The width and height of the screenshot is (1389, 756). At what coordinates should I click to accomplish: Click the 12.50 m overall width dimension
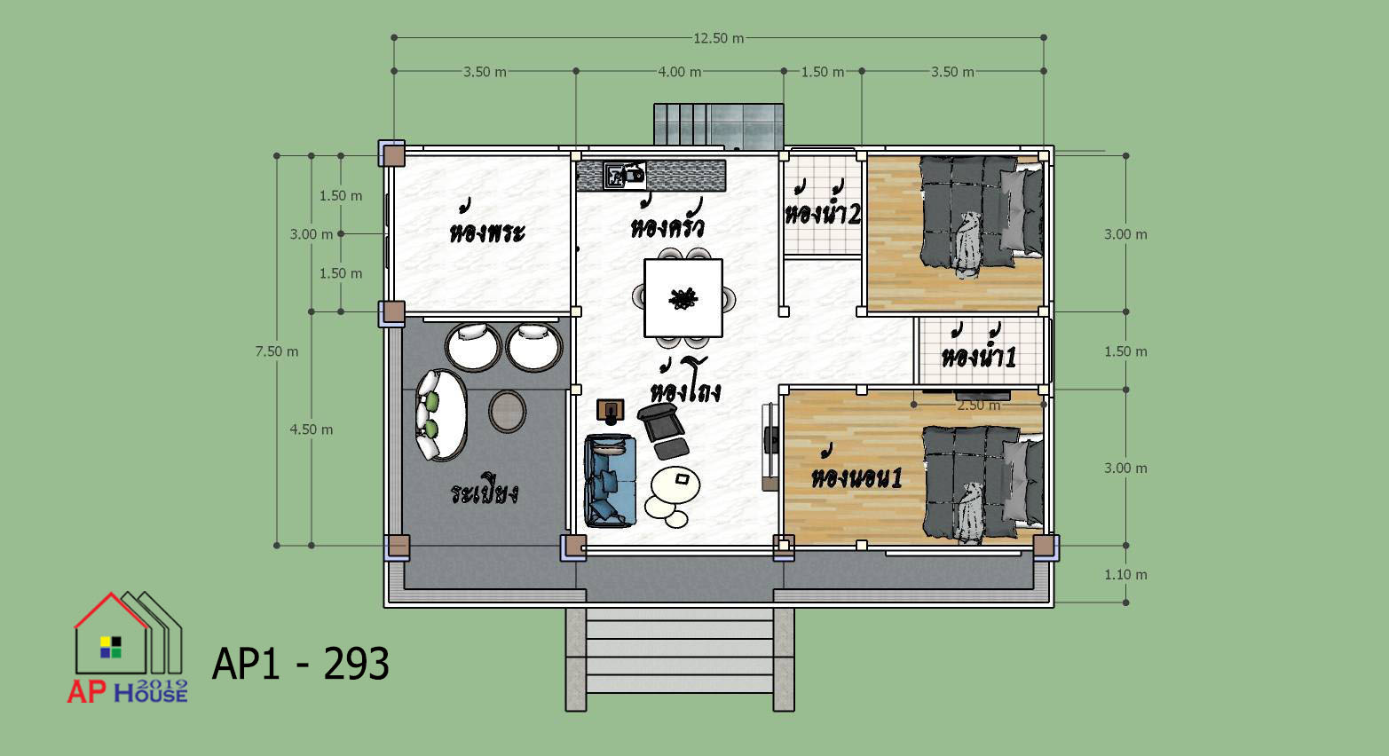click(x=718, y=38)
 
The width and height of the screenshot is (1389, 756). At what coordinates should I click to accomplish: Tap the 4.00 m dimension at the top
click(x=680, y=72)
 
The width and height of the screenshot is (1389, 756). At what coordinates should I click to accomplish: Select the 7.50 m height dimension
click(x=277, y=351)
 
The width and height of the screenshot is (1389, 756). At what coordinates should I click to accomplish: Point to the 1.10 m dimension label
click(x=1125, y=575)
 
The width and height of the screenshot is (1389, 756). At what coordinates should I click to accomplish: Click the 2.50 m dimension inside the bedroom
click(x=978, y=406)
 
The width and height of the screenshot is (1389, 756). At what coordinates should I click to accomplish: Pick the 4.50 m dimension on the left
click(x=312, y=429)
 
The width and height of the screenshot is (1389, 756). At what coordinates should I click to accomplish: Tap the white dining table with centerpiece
click(x=683, y=298)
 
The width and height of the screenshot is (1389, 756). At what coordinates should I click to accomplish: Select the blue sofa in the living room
click(x=610, y=481)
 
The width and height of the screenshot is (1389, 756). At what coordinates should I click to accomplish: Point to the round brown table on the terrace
click(x=508, y=411)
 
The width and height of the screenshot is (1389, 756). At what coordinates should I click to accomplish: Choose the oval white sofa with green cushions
click(x=441, y=415)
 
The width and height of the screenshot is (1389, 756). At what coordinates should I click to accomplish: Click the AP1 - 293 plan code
click(x=301, y=665)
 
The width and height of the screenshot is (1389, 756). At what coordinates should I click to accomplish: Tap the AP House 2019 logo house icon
click(x=128, y=634)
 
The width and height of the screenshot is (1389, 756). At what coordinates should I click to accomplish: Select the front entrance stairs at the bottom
click(x=680, y=659)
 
